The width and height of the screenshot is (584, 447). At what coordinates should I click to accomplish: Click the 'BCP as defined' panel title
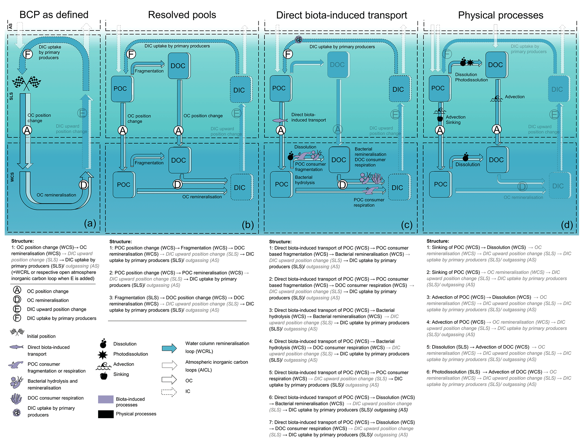(54, 15)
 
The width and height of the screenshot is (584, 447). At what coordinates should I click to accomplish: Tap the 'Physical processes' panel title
(500, 15)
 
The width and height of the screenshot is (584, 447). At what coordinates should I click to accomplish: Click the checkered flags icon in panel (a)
(27, 83)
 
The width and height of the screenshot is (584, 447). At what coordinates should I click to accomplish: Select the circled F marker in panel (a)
(28, 54)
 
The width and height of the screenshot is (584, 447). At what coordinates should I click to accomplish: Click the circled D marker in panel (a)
(84, 185)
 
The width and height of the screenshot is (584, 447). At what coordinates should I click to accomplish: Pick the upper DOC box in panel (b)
(178, 66)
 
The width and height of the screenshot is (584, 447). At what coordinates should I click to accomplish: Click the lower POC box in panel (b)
(123, 185)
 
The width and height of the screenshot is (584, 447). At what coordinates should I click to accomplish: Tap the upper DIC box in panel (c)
(398, 89)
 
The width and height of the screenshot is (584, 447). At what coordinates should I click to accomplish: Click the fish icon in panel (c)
(280, 120)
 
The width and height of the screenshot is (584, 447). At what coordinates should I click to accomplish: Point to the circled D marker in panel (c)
(342, 185)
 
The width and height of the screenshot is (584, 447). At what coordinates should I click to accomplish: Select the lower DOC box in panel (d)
(496, 160)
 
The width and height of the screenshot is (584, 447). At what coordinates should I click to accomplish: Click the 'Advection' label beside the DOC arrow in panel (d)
(514, 97)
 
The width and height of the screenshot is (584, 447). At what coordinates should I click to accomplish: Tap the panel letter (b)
(248, 225)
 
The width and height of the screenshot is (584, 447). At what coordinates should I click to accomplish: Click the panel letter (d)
(567, 225)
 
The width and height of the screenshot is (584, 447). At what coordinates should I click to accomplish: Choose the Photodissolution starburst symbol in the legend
(103, 354)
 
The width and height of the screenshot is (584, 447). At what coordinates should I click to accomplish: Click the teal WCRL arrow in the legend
(169, 348)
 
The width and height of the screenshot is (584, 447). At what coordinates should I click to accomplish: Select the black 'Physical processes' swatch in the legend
(106, 414)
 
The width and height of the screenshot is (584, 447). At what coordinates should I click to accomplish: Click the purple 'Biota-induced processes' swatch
(106, 399)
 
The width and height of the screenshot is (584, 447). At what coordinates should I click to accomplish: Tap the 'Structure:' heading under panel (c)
(280, 242)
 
